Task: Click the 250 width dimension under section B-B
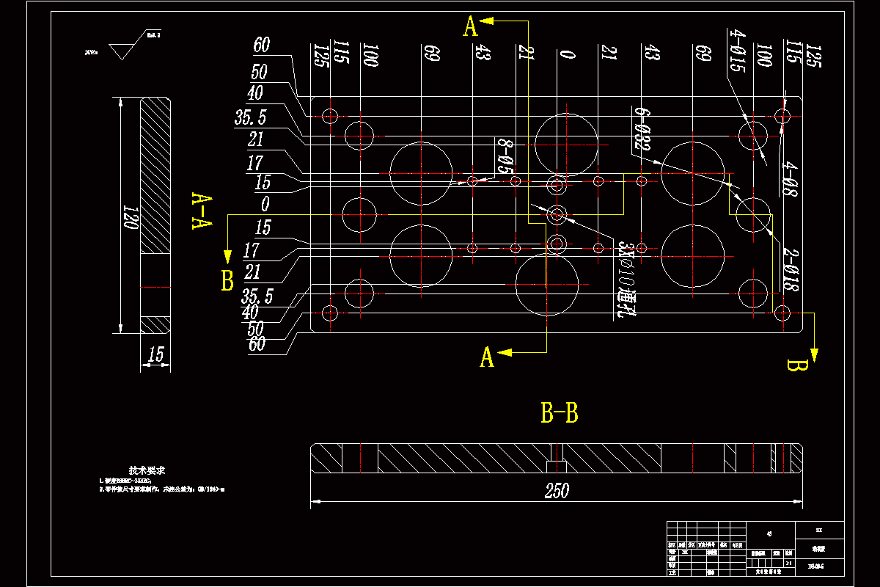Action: tap(557, 491)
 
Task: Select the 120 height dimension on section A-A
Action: tap(131, 217)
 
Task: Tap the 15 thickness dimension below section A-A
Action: tap(155, 355)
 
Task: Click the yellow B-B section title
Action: tap(559, 414)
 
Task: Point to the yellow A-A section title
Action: tap(201, 211)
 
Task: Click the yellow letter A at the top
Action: tap(471, 27)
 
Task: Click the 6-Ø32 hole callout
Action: tap(641, 130)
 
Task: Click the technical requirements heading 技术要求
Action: tap(147, 470)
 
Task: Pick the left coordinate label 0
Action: tap(265, 203)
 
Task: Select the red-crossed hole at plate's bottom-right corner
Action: tap(782, 313)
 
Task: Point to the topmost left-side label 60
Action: tap(261, 45)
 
